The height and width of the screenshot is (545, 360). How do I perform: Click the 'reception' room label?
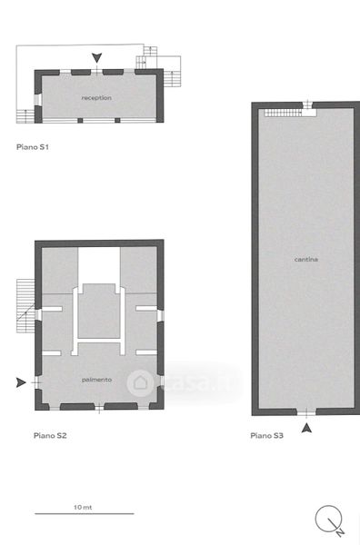click(96, 98)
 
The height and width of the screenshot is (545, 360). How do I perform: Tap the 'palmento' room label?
click(96, 380)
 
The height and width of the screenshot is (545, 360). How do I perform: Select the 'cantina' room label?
click(306, 259)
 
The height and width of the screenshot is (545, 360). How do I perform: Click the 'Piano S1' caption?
click(33, 147)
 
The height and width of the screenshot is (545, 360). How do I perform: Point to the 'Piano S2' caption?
click(50, 435)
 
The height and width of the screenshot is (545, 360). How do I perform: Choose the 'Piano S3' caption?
click(266, 435)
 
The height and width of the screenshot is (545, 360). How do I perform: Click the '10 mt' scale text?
click(83, 508)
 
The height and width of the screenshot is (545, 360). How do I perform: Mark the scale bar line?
click(85, 513)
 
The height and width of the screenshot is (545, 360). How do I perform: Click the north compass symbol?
click(330, 520)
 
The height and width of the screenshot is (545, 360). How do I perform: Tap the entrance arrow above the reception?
click(96, 58)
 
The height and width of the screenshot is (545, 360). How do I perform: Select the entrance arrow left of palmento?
click(21, 382)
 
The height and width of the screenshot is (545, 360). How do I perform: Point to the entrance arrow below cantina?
click(306, 428)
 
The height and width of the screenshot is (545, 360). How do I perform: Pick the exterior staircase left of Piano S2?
click(25, 305)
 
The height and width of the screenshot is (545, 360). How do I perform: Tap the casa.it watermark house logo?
click(140, 382)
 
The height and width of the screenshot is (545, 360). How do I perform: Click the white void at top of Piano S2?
click(99, 265)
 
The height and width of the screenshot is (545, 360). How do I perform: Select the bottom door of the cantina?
click(306, 412)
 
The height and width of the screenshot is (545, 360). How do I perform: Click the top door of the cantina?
click(307, 104)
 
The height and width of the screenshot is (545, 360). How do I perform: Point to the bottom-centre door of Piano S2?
click(99, 407)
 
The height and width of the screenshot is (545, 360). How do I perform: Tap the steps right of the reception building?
click(172, 79)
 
